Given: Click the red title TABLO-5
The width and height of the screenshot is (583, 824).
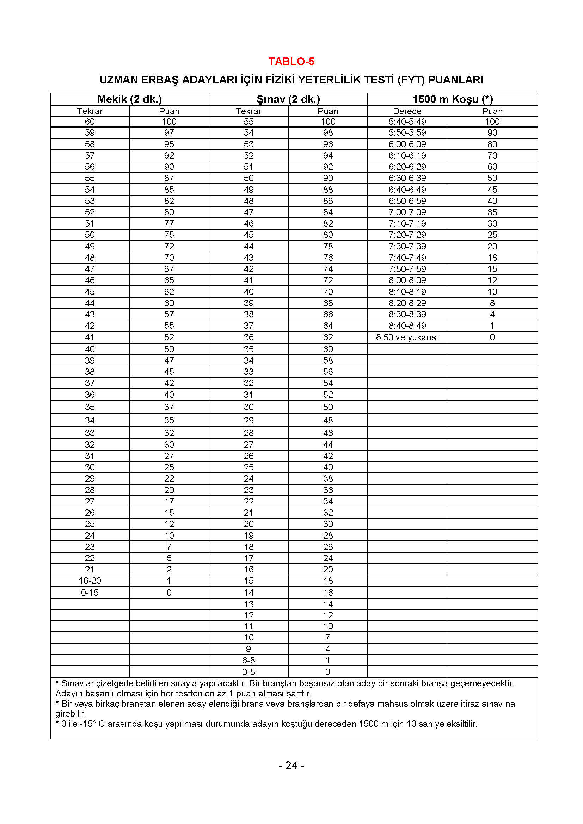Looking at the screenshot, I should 291,61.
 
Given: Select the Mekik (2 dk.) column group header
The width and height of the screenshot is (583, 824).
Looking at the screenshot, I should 130,99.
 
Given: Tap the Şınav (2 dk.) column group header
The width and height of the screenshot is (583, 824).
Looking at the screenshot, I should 288,99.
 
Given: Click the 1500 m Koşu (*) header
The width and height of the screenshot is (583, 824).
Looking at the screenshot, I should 452,99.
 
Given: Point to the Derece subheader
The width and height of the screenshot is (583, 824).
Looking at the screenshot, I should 407,111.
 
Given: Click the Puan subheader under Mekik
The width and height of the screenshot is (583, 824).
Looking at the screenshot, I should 169,111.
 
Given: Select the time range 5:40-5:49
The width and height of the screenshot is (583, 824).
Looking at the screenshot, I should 407,122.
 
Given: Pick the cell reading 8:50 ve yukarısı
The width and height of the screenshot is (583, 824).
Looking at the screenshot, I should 407,337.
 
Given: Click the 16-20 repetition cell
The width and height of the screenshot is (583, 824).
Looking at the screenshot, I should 90,581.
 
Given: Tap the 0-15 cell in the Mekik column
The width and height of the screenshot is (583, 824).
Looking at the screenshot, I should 90,593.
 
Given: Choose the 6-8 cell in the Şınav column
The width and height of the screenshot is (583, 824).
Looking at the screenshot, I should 248,660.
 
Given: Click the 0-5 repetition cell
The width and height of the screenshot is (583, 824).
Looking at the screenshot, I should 248,672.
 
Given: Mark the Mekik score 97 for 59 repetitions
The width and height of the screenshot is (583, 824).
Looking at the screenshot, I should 169,133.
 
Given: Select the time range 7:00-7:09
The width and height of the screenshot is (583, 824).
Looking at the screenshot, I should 407,212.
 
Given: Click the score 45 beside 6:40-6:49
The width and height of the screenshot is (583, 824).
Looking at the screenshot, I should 492,190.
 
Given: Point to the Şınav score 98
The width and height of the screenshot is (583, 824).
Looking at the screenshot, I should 328,133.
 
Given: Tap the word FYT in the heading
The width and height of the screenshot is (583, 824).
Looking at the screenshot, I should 410,80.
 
